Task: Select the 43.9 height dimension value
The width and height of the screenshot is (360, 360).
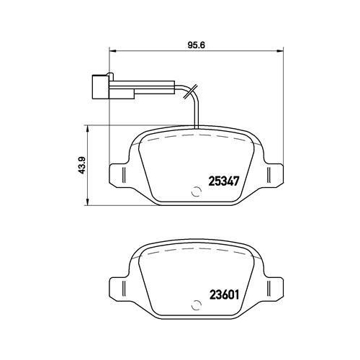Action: tap(81, 166)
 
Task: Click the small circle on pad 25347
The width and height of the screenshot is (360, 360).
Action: tap(196, 192)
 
